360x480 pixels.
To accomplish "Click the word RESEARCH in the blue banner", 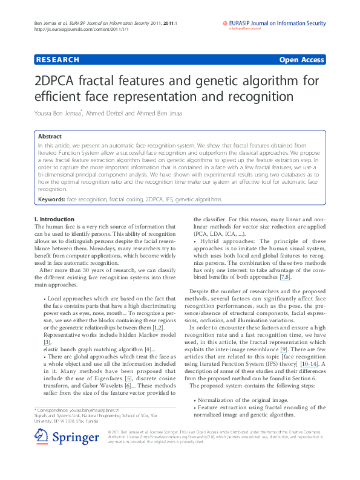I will coord(57,60).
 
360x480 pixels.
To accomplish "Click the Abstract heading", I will coord(50,137).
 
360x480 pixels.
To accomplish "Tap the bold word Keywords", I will coord(51,199).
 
